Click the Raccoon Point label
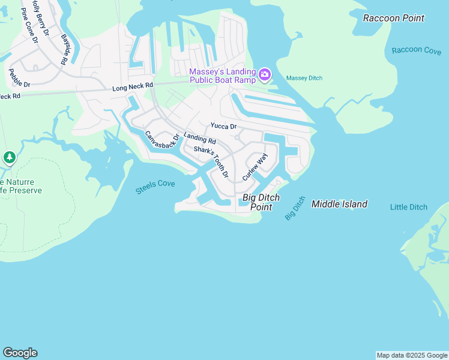pyautogui.click(x=393, y=18)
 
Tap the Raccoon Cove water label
pyautogui.click(x=416, y=50)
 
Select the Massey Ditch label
pyautogui.click(x=304, y=78)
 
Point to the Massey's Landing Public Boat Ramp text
pyautogui.click(x=222, y=75)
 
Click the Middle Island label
pyautogui.click(x=339, y=205)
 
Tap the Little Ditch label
pyautogui.click(x=408, y=208)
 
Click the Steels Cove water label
pyautogui.click(x=155, y=188)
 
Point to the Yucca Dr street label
pyautogui.click(x=223, y=127)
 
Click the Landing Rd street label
pyautogui.click(x=200, y=139)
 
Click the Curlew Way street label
pyautogui.click(x=255, y=167)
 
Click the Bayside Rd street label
pyautogui.click(x=64, y=49)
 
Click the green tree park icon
pyautogui.click(x=9, y=158)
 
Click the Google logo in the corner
pyautogui.click(x=20, y=353)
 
